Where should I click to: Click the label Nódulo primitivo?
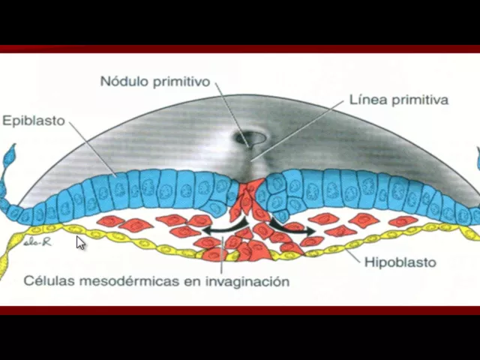click(x=155, y=80)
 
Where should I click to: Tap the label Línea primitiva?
click(x=398, y=99)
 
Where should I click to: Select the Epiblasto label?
click(x=34, y=120)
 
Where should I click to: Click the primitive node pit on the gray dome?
click(x=249, y=139)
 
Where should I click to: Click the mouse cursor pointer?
click(x=81, y=242)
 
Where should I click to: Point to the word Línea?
click(x=367, y=99)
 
